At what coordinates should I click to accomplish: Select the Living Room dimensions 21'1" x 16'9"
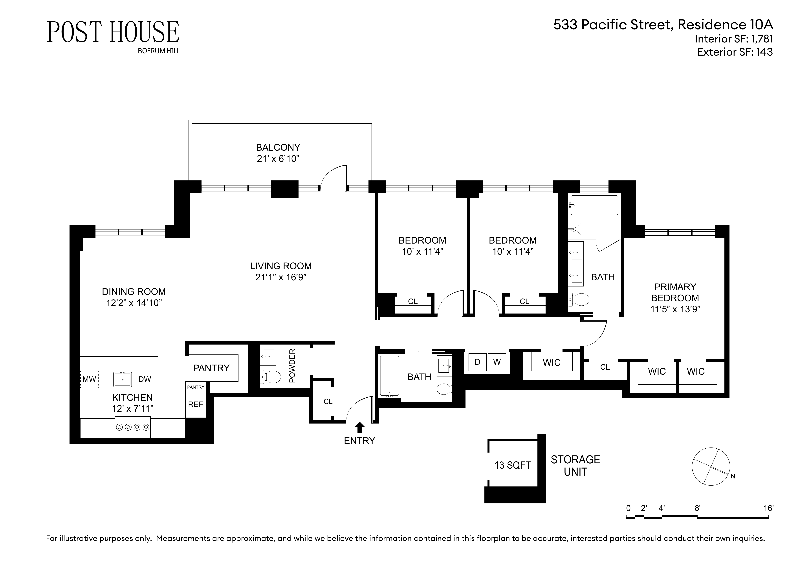click(280, 277)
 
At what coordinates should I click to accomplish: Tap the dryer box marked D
click(477, 362)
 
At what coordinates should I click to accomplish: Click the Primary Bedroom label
click(675, 292)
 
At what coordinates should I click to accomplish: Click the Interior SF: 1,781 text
click(734, 39)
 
